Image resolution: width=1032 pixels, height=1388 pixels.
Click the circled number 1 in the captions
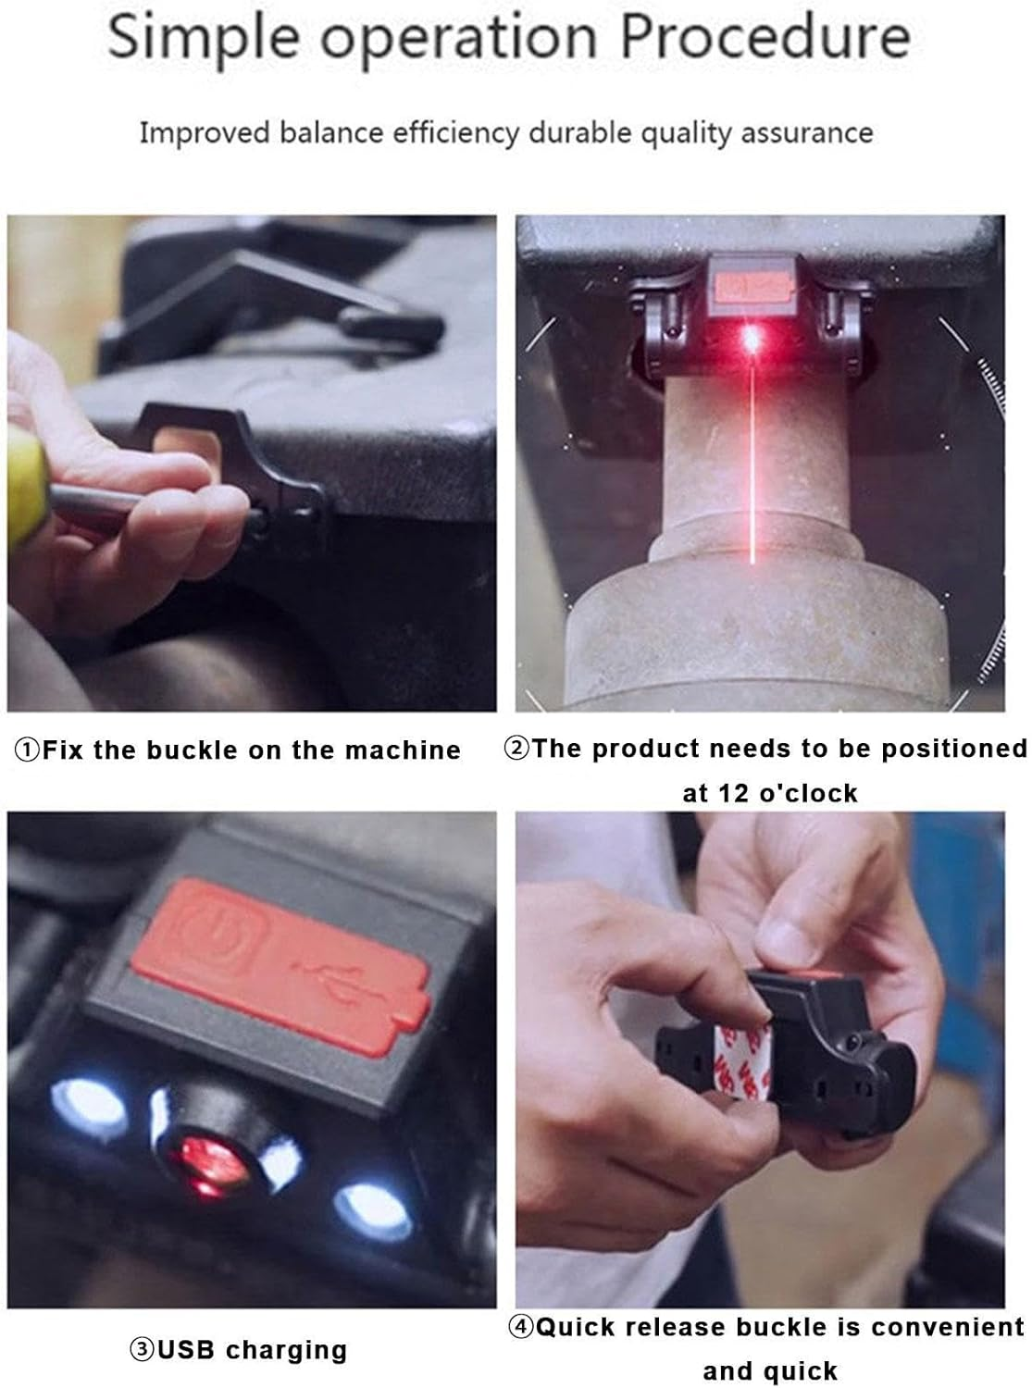pos(27,750)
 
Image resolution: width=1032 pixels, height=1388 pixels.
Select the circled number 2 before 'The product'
pos(516,749)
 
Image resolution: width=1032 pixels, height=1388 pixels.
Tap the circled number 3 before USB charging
pos(142,1350)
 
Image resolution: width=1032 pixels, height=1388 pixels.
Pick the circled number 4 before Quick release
pos(521,1328)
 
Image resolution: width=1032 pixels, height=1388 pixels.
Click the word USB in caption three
pos(186,1350)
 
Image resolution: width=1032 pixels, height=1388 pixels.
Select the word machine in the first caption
pos(403,750)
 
